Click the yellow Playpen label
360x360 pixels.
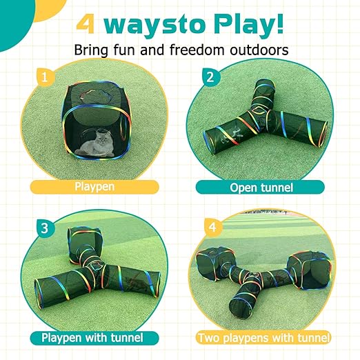pos(94,186)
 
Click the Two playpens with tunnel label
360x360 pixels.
pos(263,337)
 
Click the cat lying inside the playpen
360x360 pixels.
pos(94,146)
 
